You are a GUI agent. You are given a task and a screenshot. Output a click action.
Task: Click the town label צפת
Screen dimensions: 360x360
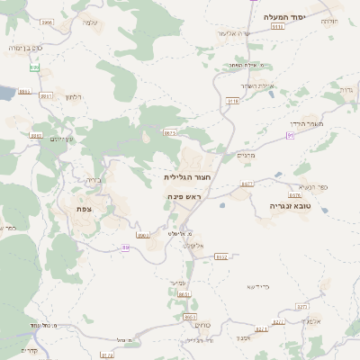tap(85, 209)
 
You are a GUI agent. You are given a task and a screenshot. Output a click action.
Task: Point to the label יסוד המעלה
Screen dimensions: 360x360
tap(285, 17)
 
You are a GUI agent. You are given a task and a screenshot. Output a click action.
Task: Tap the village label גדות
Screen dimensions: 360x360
tap(346, 90)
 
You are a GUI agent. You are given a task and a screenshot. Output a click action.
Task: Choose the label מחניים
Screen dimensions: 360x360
tap(246, 155)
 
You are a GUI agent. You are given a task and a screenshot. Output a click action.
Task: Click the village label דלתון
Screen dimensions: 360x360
tap(75, 97)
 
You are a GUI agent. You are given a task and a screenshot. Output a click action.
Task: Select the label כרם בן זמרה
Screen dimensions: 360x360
tap(23, 47)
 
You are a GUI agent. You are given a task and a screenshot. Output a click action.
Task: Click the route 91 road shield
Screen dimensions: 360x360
tap(290, 135)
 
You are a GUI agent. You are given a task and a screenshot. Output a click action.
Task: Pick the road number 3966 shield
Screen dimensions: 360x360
tap(47, 22)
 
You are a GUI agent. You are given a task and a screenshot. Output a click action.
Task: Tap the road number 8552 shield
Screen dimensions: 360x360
tap(221, 256)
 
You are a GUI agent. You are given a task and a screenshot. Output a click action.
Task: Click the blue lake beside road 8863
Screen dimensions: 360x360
tap(5, 93)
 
